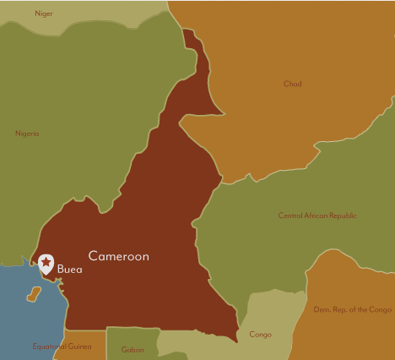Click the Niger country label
(44, 14)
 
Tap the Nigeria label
(27, 134)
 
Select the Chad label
(293, 84)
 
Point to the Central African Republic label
(317, 215)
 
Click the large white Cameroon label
(118, 256)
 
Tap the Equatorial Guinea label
(62, 346)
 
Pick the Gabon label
(133, 349)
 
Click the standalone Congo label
(261, 335)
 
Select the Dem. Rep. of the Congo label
(352, 309)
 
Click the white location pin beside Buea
(46, 265)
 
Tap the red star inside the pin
(46, 263)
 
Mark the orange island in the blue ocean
(34, 294)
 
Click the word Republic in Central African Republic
(339, 215)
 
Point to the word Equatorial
(50, 346)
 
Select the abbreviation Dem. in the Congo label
(322, 309)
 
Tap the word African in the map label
(307, 215)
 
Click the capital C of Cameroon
(93, 256)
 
